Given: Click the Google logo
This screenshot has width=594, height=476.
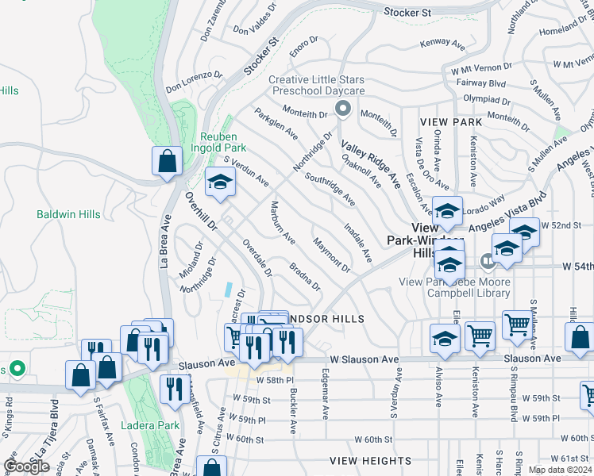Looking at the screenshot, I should [26, 466].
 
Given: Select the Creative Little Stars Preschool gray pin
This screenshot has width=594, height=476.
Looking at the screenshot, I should [342, 108].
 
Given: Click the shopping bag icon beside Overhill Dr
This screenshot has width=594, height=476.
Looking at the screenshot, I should [168, 161].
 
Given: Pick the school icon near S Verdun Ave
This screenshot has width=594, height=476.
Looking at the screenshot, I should [220, 182].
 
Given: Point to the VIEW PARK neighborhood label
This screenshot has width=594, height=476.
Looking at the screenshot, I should [451, 122].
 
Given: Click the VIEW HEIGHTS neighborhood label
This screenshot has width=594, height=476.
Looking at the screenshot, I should [371, 460].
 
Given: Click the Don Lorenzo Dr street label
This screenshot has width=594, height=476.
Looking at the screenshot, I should [195, 81].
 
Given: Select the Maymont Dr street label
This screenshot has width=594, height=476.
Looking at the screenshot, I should [331, 254].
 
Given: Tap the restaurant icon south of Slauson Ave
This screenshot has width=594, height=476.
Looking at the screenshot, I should [174, 388].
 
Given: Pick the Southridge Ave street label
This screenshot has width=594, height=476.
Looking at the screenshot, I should [330, 190].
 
